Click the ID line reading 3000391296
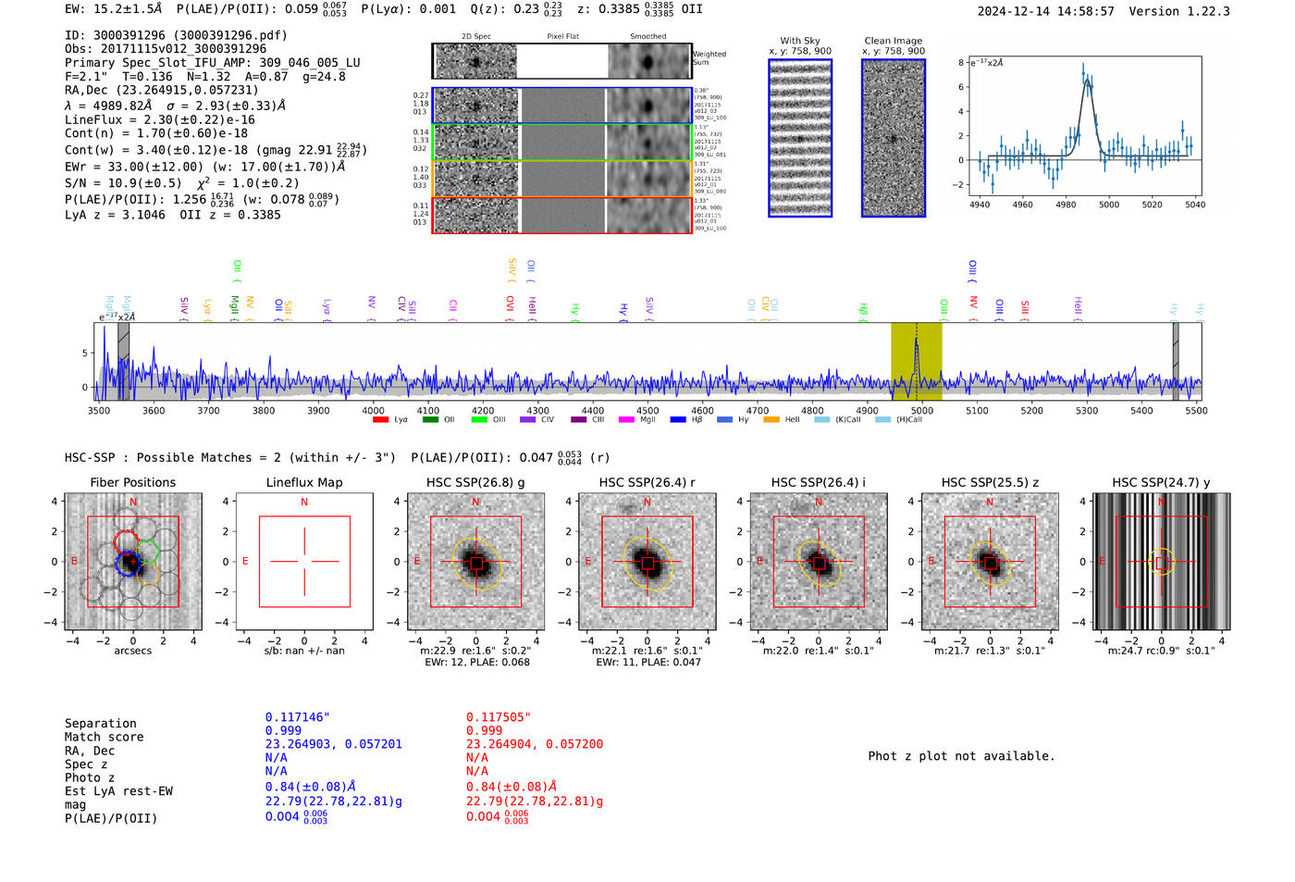[176, 35]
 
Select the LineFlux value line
[159, 119]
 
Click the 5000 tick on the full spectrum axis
[922, 410]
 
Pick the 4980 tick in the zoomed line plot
[1066, 205]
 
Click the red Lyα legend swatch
[380, 420]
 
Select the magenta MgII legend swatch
[626, 420]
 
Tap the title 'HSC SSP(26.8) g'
[475, 482]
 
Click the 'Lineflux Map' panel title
[304, 482]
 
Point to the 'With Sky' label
[800, 41]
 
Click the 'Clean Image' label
[894, 41]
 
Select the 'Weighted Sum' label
[709, 58]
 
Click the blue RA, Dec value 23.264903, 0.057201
[333, 744]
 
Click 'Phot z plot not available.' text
[961, 756]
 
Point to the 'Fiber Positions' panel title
[132, 482]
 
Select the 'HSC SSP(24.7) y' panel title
[1162, 482]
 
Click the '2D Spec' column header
[475, 37]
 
